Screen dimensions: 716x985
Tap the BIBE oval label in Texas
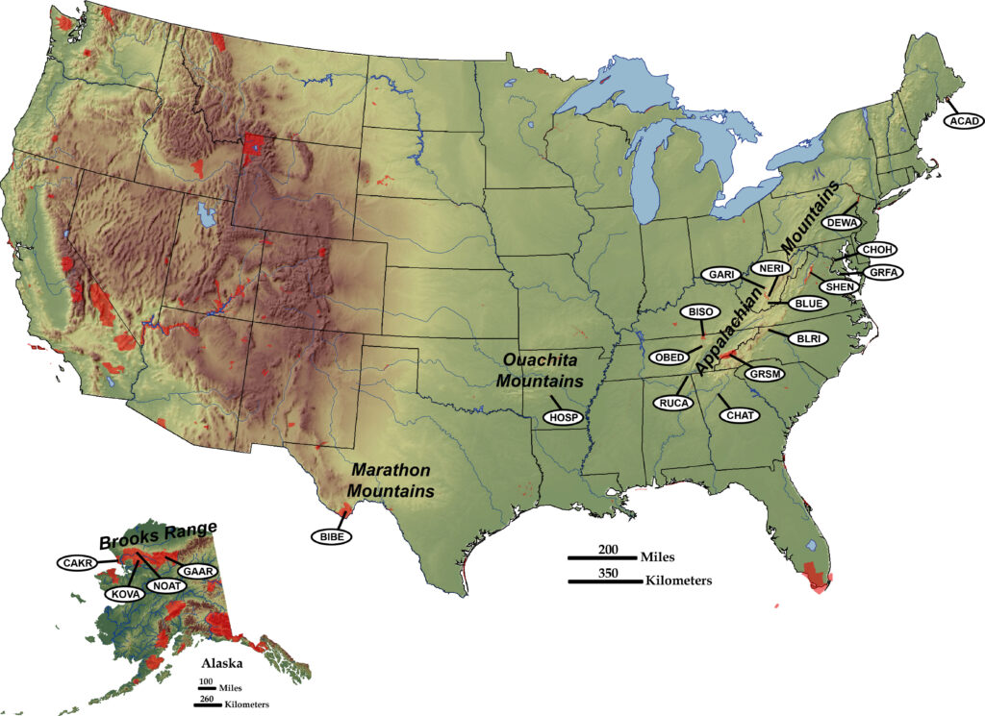point(332,534)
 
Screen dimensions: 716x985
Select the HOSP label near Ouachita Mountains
point(563,417)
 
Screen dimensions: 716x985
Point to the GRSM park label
point(767,373)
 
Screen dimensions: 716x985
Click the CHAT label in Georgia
point(740,415)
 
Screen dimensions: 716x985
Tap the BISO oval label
point(699,312)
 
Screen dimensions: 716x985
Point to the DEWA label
point(842,222)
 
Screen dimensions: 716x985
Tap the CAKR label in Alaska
point(77,562)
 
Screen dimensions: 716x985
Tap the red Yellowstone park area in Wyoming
point(255,151)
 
